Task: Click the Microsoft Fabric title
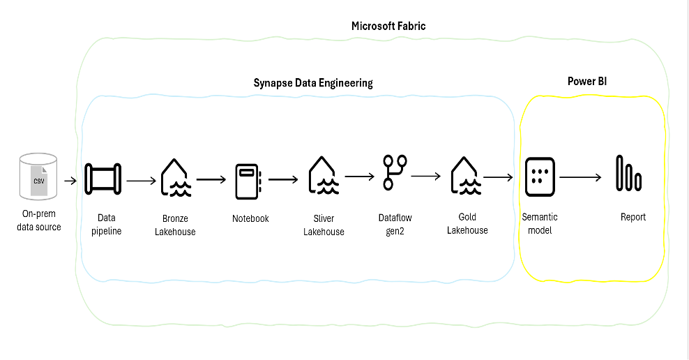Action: point(388,26)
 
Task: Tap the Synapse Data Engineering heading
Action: point(313,83)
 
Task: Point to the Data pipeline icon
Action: point(103,179)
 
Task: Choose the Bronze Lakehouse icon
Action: point(174,178)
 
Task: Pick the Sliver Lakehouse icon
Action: point(324,177)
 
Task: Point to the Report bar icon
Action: point(628,174)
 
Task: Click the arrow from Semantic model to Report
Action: point(580,177)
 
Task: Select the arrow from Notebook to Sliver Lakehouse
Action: point(284,179)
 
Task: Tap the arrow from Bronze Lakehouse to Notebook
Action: point(212,179)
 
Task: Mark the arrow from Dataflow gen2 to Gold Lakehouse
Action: point(426,177)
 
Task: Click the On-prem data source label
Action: point(38,220)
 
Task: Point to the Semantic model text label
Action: point(540,224)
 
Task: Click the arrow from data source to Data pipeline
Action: point(71,181)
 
